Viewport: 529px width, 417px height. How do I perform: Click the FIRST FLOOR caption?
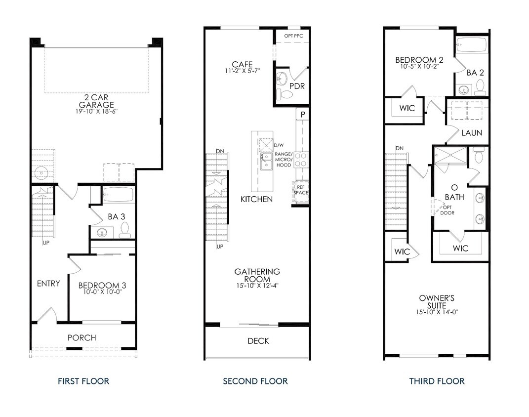click(x=83, y=381)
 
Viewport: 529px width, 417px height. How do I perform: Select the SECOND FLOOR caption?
click(x=255, y=381)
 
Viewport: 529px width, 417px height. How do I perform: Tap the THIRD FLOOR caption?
click(x=437, y=381)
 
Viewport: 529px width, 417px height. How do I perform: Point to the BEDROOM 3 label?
click(x=102, y=286)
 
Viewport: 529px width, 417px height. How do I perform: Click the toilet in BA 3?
click(x=124, y=229)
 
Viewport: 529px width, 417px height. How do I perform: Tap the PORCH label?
click(x=82, y=338)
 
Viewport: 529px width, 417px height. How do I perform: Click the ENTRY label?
click(x=48, y=284)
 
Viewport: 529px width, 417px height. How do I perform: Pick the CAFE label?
click(x=243, y=64)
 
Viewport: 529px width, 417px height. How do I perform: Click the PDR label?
click(x=297, y=86)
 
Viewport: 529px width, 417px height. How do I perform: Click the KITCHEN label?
click(x=256, y=199)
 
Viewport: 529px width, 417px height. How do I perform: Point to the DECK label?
click(x=258, y=341)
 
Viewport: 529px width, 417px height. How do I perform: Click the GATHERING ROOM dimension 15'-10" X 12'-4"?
click(x=257, y=285)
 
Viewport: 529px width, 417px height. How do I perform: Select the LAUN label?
click(x=471, y=133)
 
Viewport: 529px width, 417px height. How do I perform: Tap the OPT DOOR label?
click(x=448, y=210)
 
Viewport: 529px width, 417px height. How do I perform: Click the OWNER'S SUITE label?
click(x=437, y=302)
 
